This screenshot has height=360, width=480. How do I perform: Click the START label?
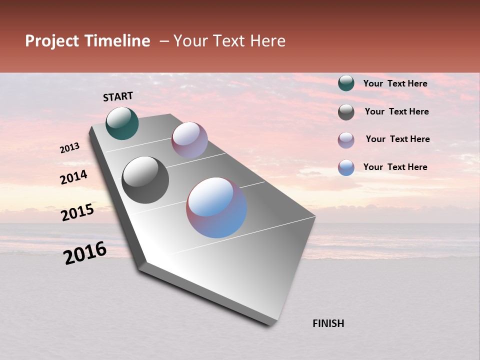point(118,96)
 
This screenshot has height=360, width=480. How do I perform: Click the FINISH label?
point(328,323)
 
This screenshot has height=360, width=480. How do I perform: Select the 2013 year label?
point(69,148)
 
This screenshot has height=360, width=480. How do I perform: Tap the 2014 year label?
point(74,177)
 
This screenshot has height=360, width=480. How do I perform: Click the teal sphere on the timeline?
point(122,123)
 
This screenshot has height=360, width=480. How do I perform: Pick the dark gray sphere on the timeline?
point(145,180)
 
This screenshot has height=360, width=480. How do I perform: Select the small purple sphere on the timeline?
point(189,140)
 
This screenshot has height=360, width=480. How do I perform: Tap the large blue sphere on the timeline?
point(216,207)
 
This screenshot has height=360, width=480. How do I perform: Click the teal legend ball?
point(346,83)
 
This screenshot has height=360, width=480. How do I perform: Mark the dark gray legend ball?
point(346,112)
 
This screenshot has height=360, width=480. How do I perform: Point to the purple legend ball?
point(346,140)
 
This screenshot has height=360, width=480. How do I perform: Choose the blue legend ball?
point(346,167)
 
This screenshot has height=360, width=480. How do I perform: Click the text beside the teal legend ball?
point(395,83)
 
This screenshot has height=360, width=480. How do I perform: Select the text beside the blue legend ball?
point(395,167)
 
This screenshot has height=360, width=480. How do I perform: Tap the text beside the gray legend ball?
point(396,111)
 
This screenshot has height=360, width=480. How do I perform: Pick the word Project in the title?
point(52,41)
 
